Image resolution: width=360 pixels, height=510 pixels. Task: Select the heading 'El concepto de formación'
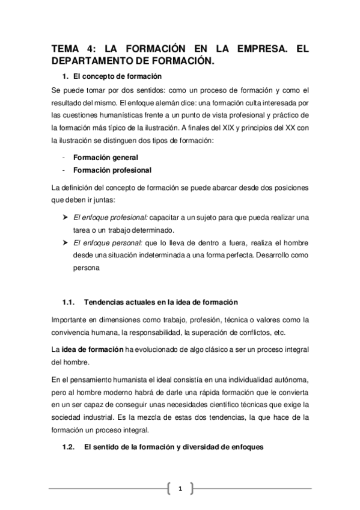(x=117, y=77)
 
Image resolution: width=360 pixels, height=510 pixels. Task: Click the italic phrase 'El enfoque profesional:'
(x=109, y=217)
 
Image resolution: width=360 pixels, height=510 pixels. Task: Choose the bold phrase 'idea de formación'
(x=92, y=348)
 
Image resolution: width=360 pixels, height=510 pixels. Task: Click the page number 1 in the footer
(x=180, y=488)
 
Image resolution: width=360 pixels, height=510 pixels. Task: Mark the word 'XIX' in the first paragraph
(x=236, y=127)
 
